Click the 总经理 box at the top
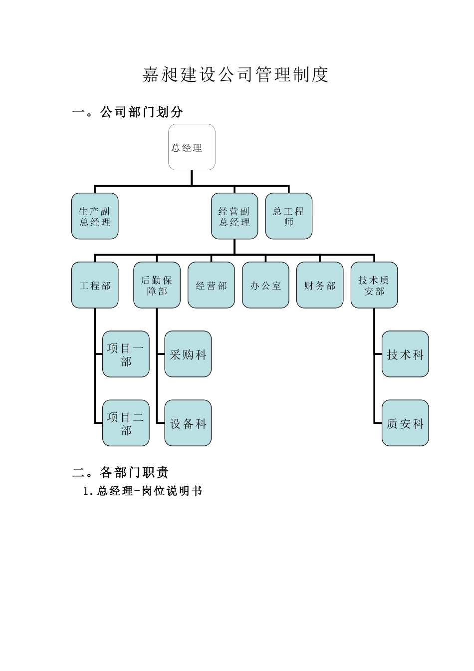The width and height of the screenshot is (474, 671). pos(192,147)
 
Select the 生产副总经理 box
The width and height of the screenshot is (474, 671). pos(95,216)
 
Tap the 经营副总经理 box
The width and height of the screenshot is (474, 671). pos(235,216)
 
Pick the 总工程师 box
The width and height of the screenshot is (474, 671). pos(288,216)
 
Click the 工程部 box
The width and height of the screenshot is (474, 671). pos(95,285)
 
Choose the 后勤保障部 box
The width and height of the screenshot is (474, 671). pos(157,285)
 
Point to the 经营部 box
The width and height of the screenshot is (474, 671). pos(211,285)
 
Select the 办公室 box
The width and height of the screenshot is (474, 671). pos(265,285)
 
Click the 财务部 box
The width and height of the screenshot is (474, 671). pos(320,285)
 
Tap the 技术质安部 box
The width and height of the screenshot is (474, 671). pos(374,285)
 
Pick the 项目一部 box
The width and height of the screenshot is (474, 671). pos(126,354)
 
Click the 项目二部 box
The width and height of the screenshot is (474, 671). pos(126,423)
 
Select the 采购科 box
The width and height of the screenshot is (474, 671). pos(188,354)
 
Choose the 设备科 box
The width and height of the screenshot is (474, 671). pos(188,423)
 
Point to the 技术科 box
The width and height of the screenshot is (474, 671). pos(405,354)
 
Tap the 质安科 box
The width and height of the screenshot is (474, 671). pos(405,423)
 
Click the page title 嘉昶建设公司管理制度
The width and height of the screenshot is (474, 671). pos(236,75)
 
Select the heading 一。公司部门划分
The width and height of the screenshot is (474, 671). pos(128,112)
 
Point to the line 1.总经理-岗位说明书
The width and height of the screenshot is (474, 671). pos(143,491)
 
